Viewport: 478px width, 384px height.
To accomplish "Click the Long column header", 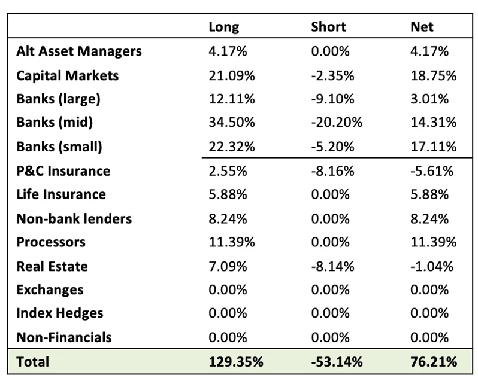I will [223, 28].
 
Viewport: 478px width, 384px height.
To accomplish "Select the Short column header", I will [328, 28].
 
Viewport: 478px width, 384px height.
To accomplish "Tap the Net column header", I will [422, 28].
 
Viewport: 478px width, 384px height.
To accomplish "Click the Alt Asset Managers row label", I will [79, 51].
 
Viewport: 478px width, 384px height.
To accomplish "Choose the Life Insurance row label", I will [61, 194].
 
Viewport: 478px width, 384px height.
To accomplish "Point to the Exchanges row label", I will [50, 290].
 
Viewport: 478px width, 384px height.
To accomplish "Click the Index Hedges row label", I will [60, 313].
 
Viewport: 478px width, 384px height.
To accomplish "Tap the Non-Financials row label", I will [64, 337].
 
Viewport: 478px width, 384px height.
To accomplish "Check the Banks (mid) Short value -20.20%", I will [337, 123].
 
